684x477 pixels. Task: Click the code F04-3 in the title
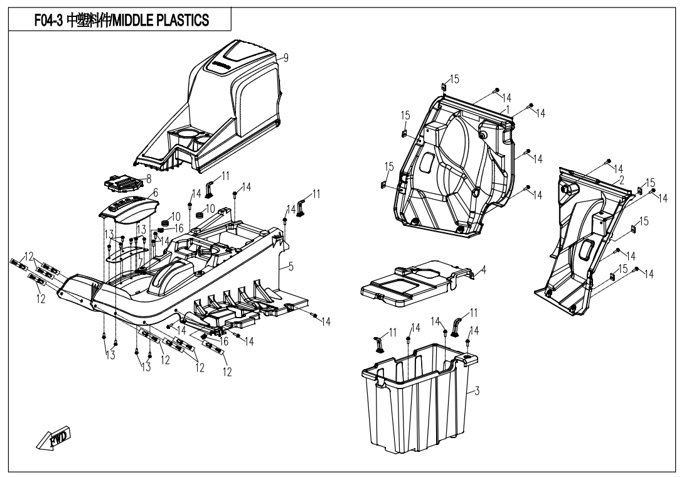(48, 21)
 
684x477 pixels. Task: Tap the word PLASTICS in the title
(189, 21)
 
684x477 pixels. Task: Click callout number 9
(286, 58)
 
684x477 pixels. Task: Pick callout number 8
(149, 178)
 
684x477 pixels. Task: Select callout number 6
(155, 192)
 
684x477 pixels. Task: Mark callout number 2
(621, 180)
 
